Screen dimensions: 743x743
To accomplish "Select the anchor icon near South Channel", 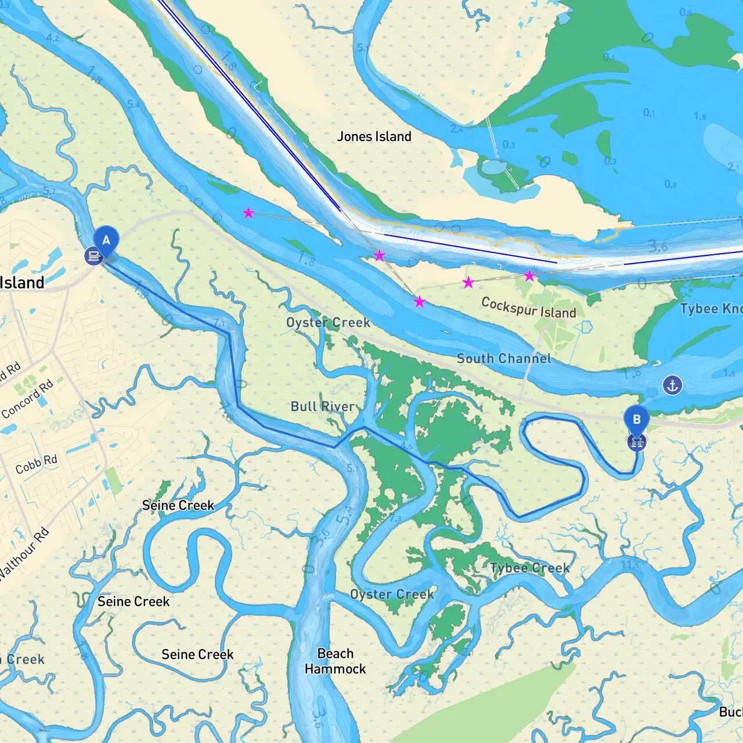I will pyautogui.click(x=672, y=385).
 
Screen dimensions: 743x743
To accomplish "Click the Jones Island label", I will pyautogui.click(x=374, y=136).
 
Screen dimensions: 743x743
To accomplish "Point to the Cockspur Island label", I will pyautogui.click(x=528, y=308).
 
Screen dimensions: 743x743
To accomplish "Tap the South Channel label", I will pyautogui.click(x=504, y=359).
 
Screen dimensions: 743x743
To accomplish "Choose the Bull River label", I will pyautogui.click(x=323, y=406).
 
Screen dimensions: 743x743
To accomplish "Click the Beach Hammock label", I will pyautogui.click(x=336, y=661).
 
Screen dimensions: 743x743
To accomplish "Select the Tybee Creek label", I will pyautogui.click(x=529, y=568).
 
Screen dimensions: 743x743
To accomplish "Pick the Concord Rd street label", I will pyautogui.click(x=27, y=399).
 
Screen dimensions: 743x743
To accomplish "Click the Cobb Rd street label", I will pyautogui.click(x=37, y=464).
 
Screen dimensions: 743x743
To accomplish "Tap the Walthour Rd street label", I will pyautogui.click(x=23, y=554).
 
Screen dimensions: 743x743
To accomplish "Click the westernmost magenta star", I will pyautogui.click(x=248, y=213).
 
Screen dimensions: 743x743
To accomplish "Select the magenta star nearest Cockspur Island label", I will pyautogui.click(x=529, y=276).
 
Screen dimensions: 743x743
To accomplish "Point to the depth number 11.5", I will pyautogui.click(x=630, y=564).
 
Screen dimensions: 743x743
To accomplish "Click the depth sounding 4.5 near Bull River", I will pyautogui.click(x=406, y=446).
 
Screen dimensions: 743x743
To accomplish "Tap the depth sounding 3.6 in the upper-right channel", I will pyautogui.click(x=658, y=247).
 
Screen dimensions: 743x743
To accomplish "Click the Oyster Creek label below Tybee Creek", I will pyautogui.click(x=392, y=594).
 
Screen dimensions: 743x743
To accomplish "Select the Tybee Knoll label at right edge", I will pyautogui.click(x=711, y=308).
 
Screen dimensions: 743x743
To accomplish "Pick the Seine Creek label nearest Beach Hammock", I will pyautogui.click(x=197, y=654).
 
